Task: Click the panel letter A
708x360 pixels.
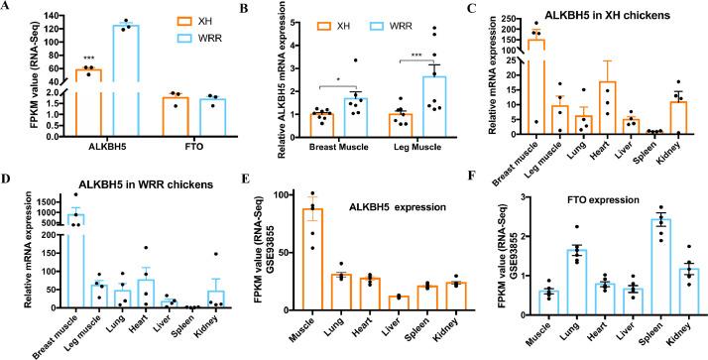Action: pos(7,8)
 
